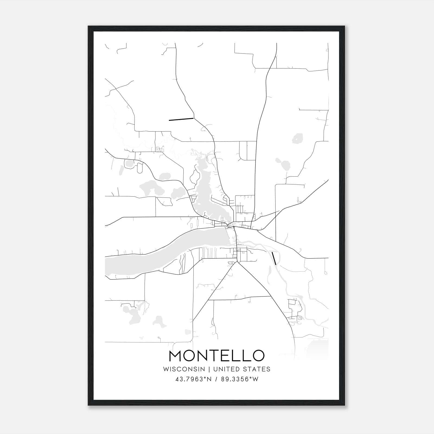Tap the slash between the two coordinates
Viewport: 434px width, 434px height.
click(x=216, y=379)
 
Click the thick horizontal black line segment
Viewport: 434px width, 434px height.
click(x=181, y=119)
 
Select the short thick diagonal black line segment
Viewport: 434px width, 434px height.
click(x=274, y=258)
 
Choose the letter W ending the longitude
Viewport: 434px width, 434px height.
click(x=255, y=379)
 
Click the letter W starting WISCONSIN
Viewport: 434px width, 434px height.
click(x=166, y=369)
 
